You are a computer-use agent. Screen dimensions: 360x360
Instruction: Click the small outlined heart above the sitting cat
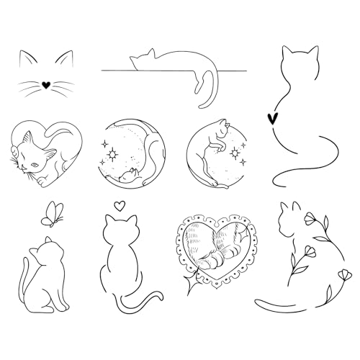tap(120, 206)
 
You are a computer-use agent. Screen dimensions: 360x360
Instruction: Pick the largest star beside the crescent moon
tap(113, 153)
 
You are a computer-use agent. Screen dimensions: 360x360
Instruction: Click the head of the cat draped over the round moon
tap(222, 130)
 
